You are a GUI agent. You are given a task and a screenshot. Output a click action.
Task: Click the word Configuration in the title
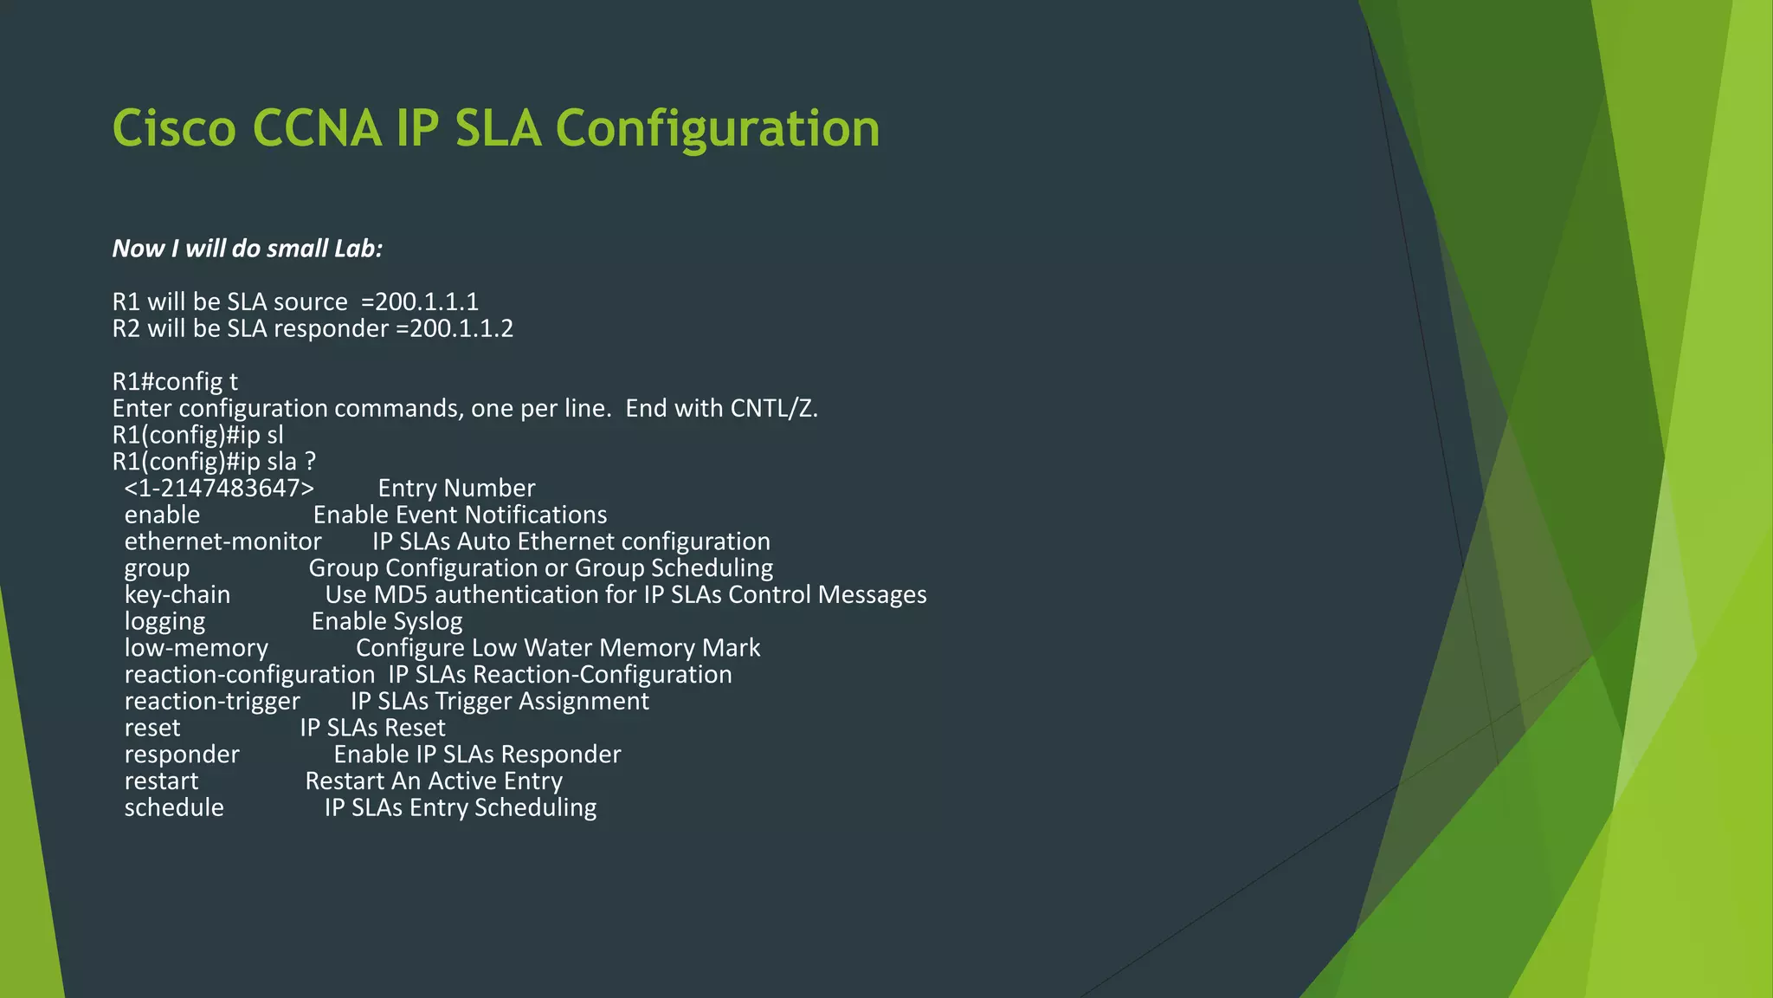[x=717, y=129]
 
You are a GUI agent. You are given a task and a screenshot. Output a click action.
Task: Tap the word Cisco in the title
[x=174, y=129]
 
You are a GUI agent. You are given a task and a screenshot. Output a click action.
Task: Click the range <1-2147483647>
[x=219, y=488]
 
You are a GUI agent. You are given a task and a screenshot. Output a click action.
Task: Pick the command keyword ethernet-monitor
[x=222, y=541]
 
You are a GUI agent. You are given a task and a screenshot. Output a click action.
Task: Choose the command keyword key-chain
[x=177, y=594]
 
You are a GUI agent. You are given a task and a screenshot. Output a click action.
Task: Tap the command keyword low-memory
[x=197, y=648]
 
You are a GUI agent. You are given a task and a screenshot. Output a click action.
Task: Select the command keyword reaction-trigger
[x=212, y=701]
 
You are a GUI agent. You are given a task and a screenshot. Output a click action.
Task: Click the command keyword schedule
[x=174, y=807]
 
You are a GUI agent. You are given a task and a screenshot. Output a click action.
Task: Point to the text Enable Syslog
[x=387, y=621]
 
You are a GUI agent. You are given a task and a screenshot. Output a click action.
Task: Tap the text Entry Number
[x=456, y=488]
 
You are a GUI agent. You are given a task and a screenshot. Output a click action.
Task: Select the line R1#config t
[x=175, y=381]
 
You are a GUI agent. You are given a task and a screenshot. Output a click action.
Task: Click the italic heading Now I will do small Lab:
[x=248, y=249]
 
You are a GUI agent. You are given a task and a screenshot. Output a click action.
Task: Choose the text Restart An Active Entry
[x=434, y=781]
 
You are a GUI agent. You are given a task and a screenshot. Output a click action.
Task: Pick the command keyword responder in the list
[x=182, y=755]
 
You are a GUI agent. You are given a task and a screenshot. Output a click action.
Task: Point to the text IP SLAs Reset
[x=372, y=728]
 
